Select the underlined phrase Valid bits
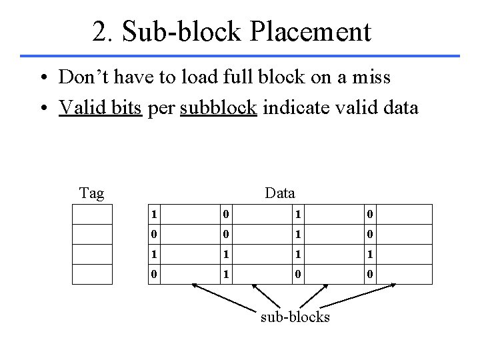100,107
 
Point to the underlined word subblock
219,107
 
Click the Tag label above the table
91,193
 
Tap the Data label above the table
279,193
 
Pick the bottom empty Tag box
92,273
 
